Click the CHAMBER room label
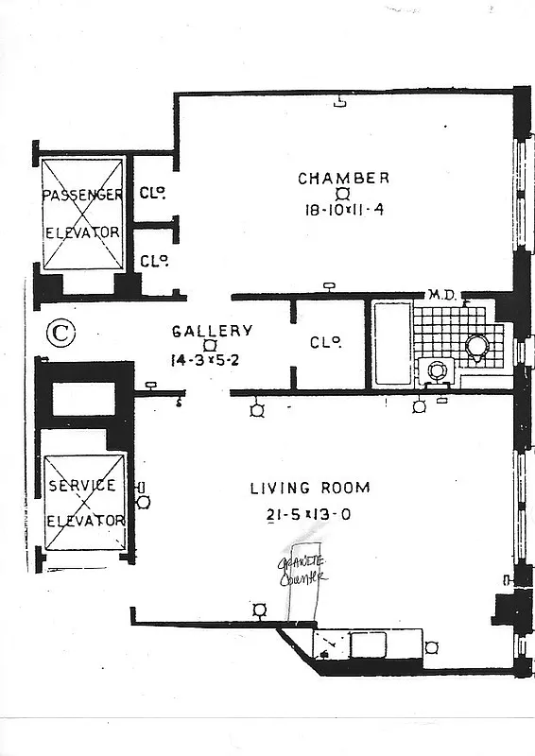343,178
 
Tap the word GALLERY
212,331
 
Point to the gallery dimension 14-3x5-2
212,360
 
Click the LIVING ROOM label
309,488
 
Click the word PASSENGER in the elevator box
83,195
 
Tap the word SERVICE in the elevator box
82,485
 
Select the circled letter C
60,333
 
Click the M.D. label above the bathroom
441,295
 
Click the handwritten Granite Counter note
302,569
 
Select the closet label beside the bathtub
324,342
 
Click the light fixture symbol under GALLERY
210,346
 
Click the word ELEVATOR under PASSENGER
83,232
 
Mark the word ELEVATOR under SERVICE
85,520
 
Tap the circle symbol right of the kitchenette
432,647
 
